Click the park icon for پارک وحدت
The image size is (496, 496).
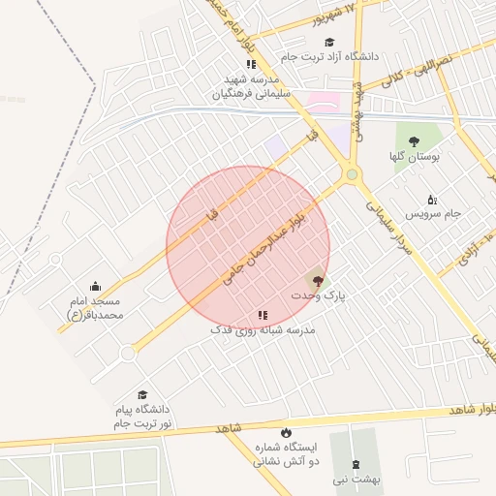point(319,278)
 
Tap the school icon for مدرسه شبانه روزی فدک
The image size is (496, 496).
point(263,315)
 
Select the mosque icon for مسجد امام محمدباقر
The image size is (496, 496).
point(95,287)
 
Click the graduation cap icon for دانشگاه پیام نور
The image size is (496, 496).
point(143,395)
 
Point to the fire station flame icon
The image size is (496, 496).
point(285,432)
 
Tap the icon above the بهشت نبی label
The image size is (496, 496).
point(354,464)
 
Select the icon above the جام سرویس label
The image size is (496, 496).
point(432,199)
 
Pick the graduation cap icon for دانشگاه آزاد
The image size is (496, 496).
point(329,43)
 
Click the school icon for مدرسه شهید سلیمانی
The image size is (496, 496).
point(251,65)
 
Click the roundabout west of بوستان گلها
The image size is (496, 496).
point(351,175)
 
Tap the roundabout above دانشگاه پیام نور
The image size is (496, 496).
point(126,355)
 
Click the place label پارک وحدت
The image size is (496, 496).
point(319,293)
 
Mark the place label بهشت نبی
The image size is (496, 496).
point(354,479)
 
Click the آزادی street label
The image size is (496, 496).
point(471,250)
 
